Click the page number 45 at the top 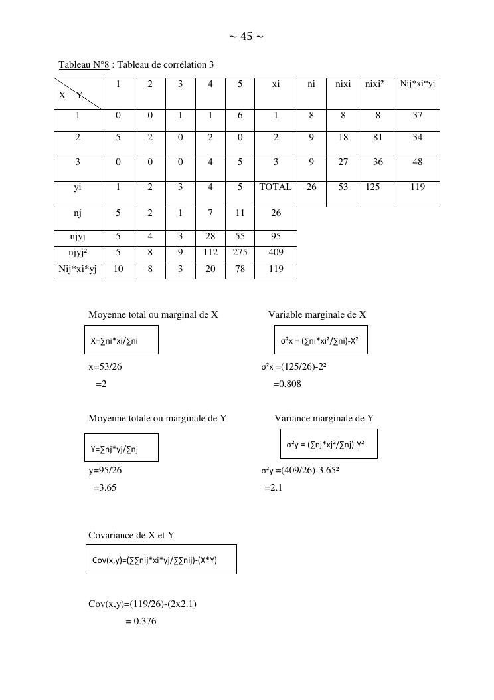246,37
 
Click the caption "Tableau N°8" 84,64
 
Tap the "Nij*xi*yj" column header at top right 417,84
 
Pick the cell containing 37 417,115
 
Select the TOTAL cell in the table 276,187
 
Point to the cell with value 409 276,253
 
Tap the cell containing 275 240,253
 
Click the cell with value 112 210,253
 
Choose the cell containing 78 240,269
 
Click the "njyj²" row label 78,253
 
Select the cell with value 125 373,187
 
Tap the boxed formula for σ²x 320,340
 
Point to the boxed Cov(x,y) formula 161,560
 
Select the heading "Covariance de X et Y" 131,536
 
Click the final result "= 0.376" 141,622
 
